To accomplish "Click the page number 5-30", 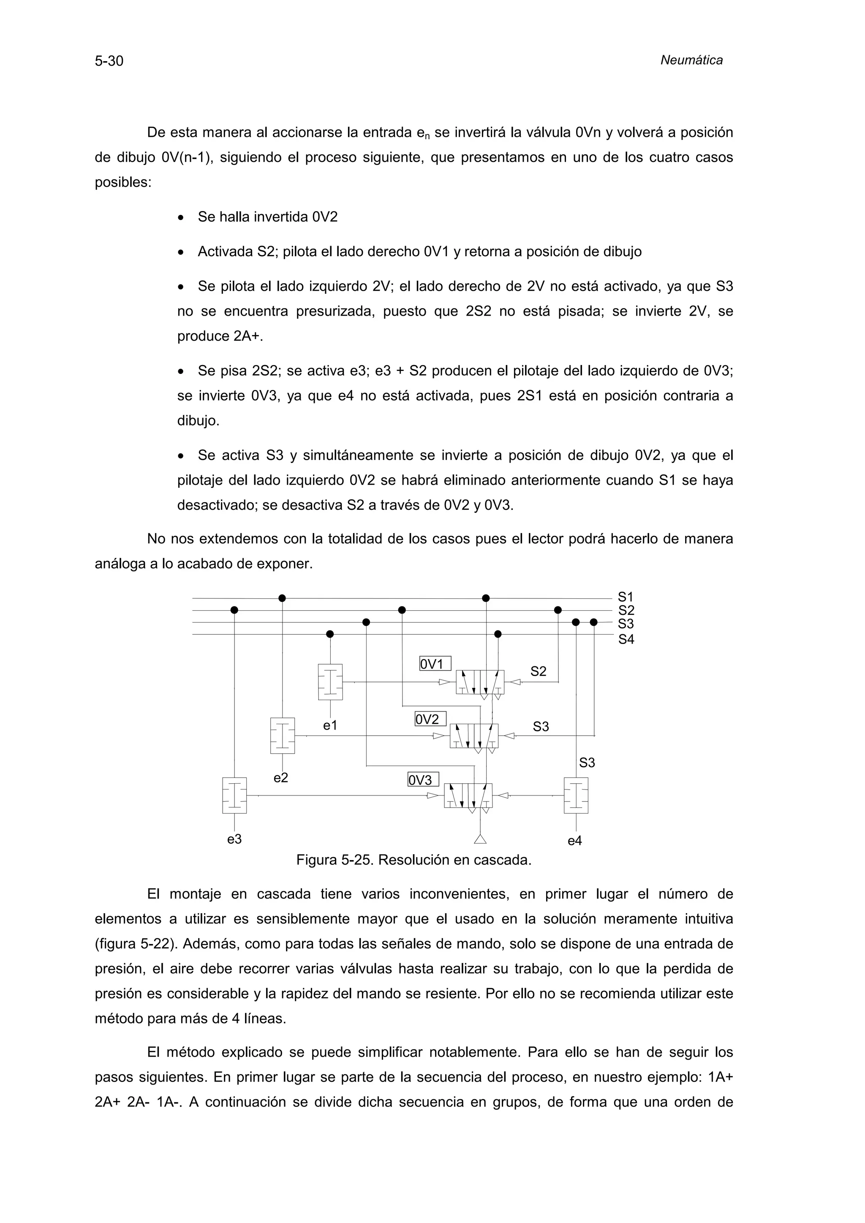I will pyautogui.click(x=109, y=61).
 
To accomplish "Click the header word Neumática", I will pyautogui.click(x=691, y=60).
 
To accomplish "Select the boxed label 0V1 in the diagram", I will pyautogui.click(x=435, y=664).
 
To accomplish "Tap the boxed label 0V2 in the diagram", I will pyautogui.click(x=430, y=719).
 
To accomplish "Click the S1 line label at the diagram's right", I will pyautogui.click(x=626, y=597).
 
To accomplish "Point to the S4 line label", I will pyautogui.click(x=626, y=639).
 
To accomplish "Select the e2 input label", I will pyautogui.click(x=281, y=778).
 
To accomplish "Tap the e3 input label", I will pyautogui.click(x=234, y=839).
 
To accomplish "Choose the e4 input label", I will pyautogui.click(x=574, y=841).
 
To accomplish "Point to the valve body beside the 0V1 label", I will pyautogui.click(x=480, y=682).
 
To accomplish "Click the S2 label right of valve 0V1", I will pyautogui.click(x=538, y=671).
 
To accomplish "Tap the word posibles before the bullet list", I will pyautogui.click(x=123, y=183).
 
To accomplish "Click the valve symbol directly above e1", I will pyautogui.click(x=330, y=682).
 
